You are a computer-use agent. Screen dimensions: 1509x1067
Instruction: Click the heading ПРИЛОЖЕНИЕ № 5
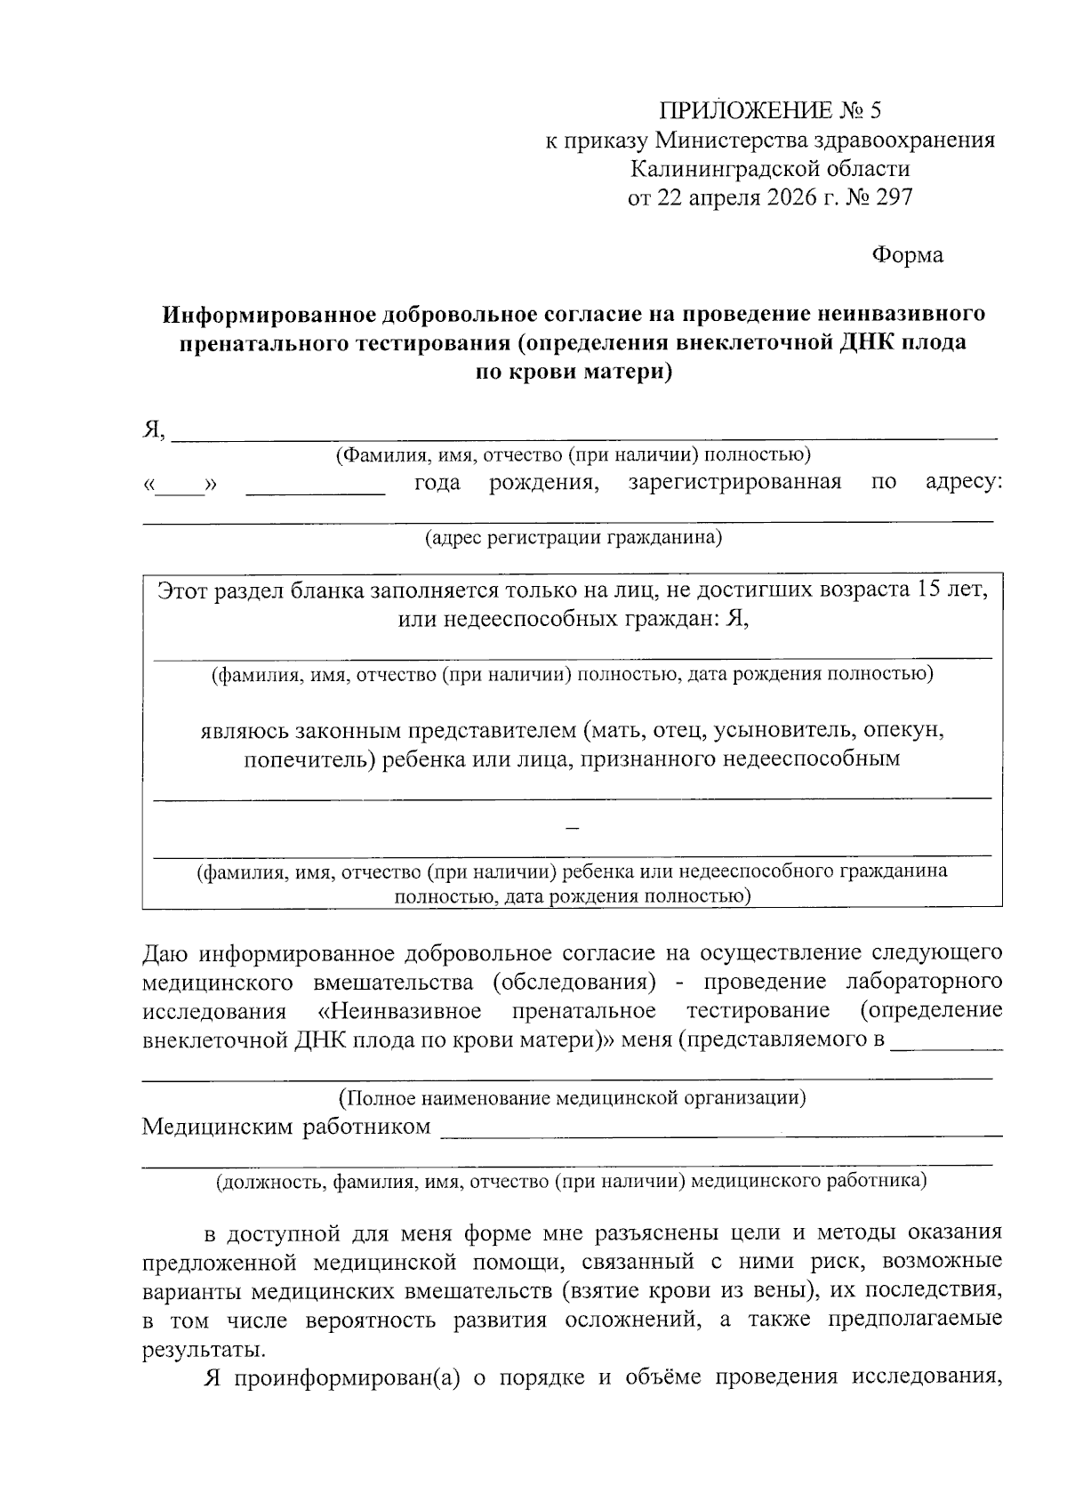(770, 111)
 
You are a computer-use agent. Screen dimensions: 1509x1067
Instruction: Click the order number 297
(894, 197)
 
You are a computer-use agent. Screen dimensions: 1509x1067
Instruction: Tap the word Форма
(906, 255)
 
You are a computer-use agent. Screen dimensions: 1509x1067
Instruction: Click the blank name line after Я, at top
(583, 434)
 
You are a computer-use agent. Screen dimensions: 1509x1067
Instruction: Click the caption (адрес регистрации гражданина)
(573, 538)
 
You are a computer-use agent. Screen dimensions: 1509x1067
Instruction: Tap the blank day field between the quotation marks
(181, 486)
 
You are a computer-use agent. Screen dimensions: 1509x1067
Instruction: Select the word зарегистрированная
(734, 482)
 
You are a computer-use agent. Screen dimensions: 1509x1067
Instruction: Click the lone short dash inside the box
(573, 828)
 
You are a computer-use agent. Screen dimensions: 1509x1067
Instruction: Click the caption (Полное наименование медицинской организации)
(573, 1097)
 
